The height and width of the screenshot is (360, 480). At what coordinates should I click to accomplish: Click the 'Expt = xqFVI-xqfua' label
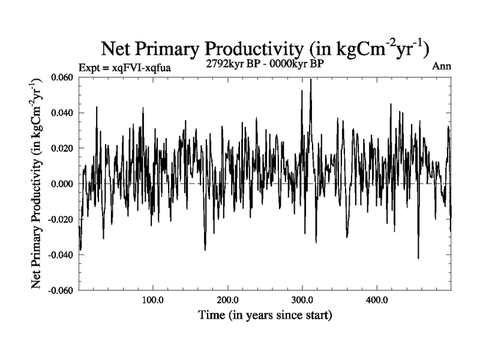tap(125, 68)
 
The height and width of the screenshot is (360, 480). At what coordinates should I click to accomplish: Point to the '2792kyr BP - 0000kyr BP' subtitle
tap(265, 64)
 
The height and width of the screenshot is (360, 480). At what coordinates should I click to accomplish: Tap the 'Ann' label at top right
tap(442, 66)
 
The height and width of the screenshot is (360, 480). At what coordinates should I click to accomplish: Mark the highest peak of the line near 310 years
tap(311, 79)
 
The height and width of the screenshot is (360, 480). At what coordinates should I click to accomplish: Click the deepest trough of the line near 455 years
tap(418, 258)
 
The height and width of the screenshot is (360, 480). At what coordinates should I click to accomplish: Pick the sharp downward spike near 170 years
tap(205, 250)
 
